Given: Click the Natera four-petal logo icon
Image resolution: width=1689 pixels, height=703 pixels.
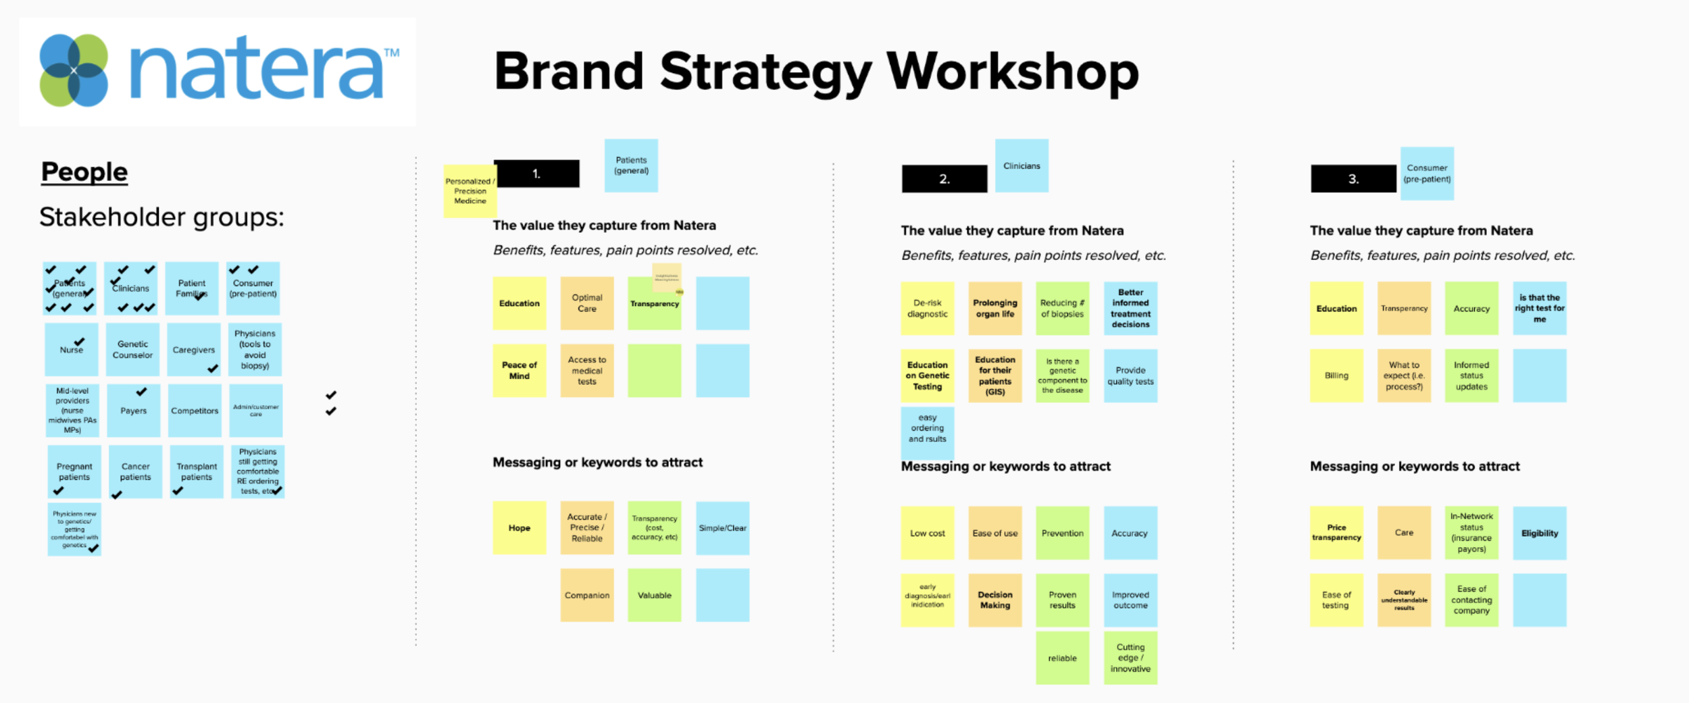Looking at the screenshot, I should pyautogui.click(x=74, y=70).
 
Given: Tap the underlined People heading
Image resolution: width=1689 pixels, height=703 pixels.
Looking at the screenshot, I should pyautogui.click(x=84, y=172).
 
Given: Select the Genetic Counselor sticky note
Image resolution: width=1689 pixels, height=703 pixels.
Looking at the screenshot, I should pyautogui.click(x=132, y=349).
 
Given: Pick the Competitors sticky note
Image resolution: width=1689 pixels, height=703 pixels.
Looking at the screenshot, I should pyautogui.click(x=195, y=411).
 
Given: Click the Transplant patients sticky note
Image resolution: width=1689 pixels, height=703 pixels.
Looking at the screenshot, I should pyautogui.click(x=197, y=471).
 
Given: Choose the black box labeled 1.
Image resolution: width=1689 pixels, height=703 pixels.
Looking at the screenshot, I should pyautogui.click(x=536, y=174).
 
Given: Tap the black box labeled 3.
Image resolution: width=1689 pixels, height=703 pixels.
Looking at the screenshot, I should pyautogui.click(x=1353, y=179).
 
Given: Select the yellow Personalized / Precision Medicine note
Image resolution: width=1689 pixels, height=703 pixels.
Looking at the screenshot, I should pyautogui.click(x=470, y=191).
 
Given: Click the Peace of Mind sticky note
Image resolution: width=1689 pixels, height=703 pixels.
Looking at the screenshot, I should pyautogui.click(x=519, y=370).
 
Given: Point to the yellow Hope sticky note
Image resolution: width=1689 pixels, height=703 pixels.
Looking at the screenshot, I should pyautogui.click(x=519, y=528).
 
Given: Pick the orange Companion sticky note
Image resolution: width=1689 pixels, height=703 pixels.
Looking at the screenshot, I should pyautogui.click(x=587, y=595).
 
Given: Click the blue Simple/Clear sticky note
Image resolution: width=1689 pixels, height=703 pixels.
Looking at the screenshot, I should pyautogui.click(x=722, y=528).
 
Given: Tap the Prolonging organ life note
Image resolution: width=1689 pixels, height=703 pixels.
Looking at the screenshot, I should pyautogui.click(x=994, y=309).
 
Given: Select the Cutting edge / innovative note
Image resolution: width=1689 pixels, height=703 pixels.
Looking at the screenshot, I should pyautogui.click(x=1130, y=658).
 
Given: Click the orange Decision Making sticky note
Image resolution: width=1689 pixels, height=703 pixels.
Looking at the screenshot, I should pyautogui.click(x=994, y=600).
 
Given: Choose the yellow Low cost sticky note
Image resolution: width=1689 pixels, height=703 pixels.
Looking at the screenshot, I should pyautogui.click(x=927, y=533).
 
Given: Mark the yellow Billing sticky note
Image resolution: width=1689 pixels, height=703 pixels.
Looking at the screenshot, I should pyautogui.click(x=1336, y=375).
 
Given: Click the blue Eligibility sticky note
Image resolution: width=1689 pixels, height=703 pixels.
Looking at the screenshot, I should pyautogui.click(x=1539, y=533).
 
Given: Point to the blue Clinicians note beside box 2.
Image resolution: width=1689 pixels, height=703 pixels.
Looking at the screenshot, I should pyautogui.click(x=1022, y=165).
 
